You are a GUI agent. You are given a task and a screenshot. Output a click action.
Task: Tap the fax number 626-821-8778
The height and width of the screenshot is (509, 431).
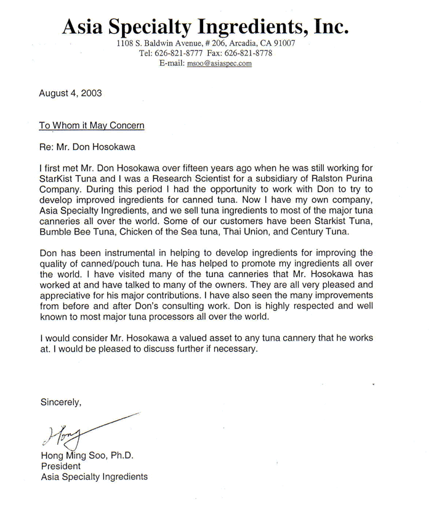250,54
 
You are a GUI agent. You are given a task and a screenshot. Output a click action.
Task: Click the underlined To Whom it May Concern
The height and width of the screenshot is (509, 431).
92,125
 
